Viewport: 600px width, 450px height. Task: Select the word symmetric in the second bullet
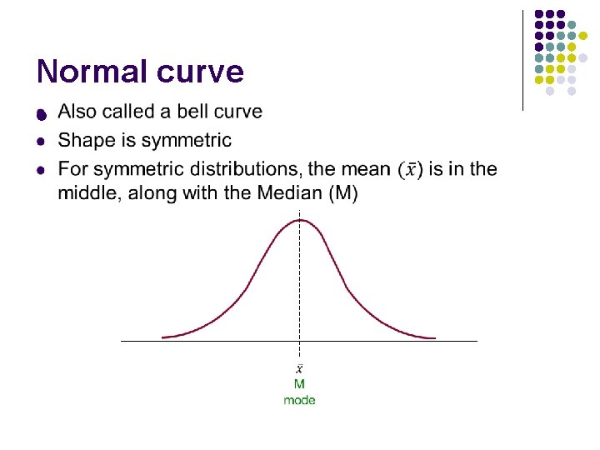pos(183,140)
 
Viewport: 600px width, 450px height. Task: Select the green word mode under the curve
pos(299,400)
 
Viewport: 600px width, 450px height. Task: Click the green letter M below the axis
pos(299,384)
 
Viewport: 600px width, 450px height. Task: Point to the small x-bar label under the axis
pos(299,368)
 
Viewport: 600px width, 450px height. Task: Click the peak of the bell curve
pos(299,220)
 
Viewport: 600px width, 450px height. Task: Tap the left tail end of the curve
pos(164,337)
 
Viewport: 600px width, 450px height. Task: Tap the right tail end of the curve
pos(433,337)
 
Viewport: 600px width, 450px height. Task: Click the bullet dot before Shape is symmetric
pos(40,142)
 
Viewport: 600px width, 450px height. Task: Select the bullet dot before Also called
pos(40,113)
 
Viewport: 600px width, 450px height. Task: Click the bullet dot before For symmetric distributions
pos(40,171)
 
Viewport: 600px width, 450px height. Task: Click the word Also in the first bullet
pos(77,112)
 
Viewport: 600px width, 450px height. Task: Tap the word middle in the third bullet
pos(87,193)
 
